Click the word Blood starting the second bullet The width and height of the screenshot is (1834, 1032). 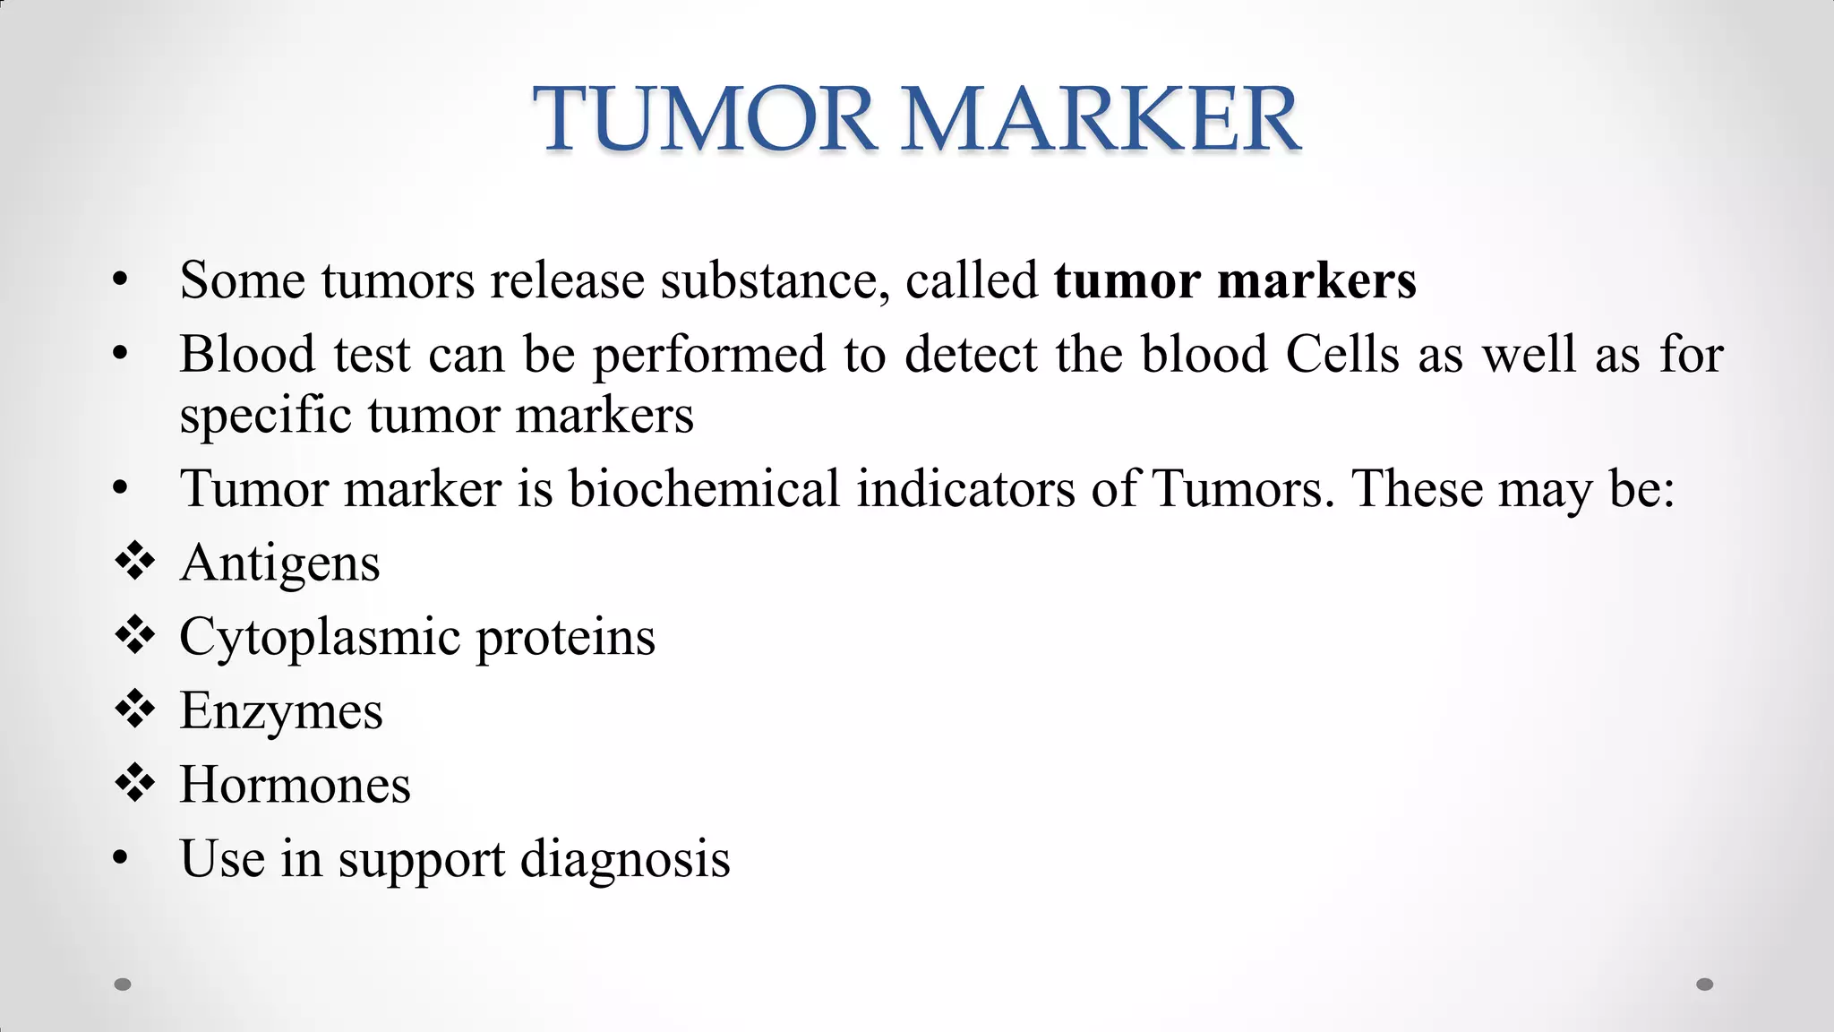(247, 354)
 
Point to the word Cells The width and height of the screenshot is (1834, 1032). (1341, 354)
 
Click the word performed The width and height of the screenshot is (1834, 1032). (708, 356)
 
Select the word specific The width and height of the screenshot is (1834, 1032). (265, 417)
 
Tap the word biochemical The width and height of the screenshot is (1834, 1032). (704, 489)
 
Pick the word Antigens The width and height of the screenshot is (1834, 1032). (279, 564)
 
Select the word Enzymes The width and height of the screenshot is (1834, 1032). (281, 712)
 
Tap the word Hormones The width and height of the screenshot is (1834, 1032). (295, 786)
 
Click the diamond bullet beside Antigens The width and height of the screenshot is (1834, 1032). (134, 563)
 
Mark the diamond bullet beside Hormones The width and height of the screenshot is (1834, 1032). (134, 784)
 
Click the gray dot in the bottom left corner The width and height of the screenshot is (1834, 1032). (123, 985)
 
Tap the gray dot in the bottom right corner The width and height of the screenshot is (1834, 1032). (1705, 985)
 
